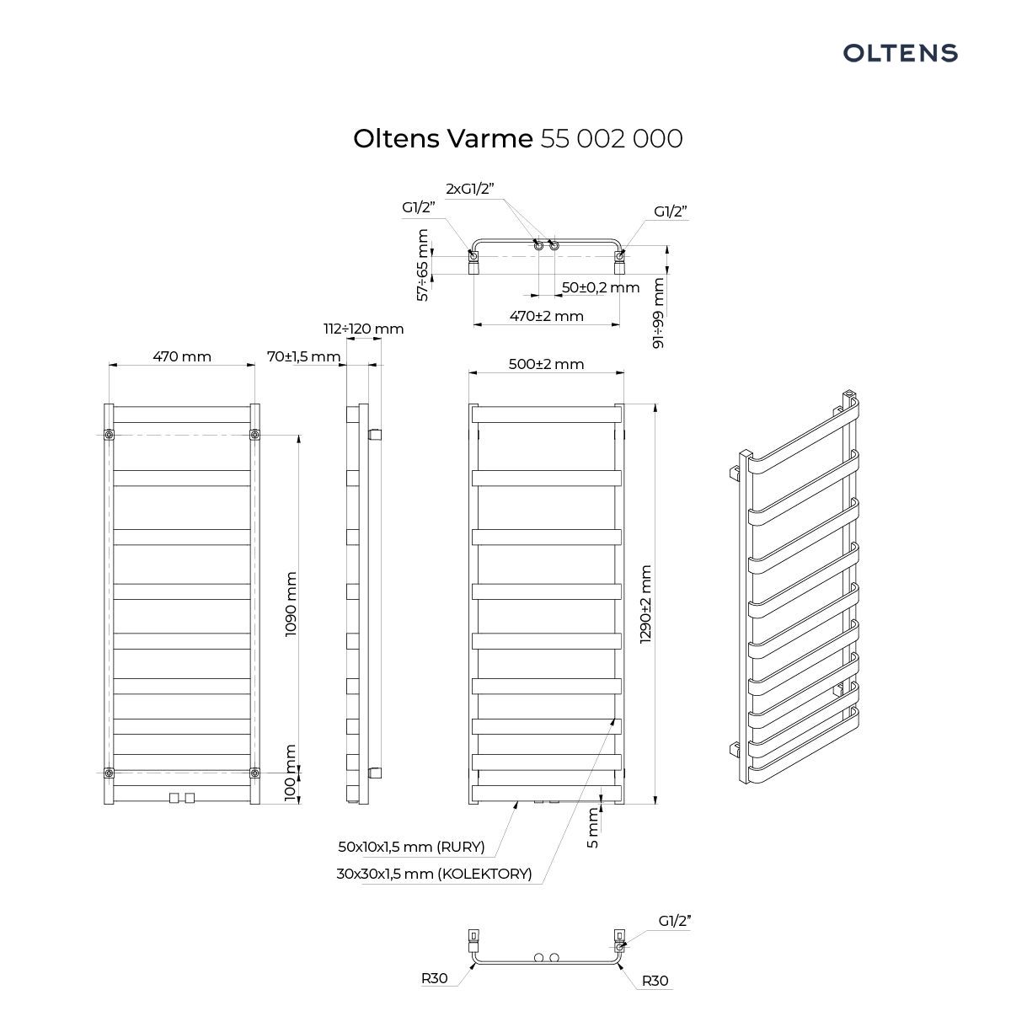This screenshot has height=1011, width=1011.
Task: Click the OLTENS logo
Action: pos(900,53)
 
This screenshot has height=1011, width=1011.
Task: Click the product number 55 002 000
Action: pos(611,139)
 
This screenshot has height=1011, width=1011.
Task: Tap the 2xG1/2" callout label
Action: pos(470,189)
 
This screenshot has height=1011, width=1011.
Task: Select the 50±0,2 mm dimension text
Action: pos(600,287)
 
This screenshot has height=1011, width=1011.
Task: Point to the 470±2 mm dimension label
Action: pos(546,317)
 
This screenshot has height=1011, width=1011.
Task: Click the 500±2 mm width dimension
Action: pos(546,364)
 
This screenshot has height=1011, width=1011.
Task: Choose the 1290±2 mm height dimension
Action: pos(646,604)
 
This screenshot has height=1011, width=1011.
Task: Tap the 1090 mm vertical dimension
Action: pos(291,604)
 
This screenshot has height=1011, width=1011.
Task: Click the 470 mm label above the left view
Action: pos(181,356)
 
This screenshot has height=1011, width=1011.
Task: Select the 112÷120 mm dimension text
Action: pos(364,329)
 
